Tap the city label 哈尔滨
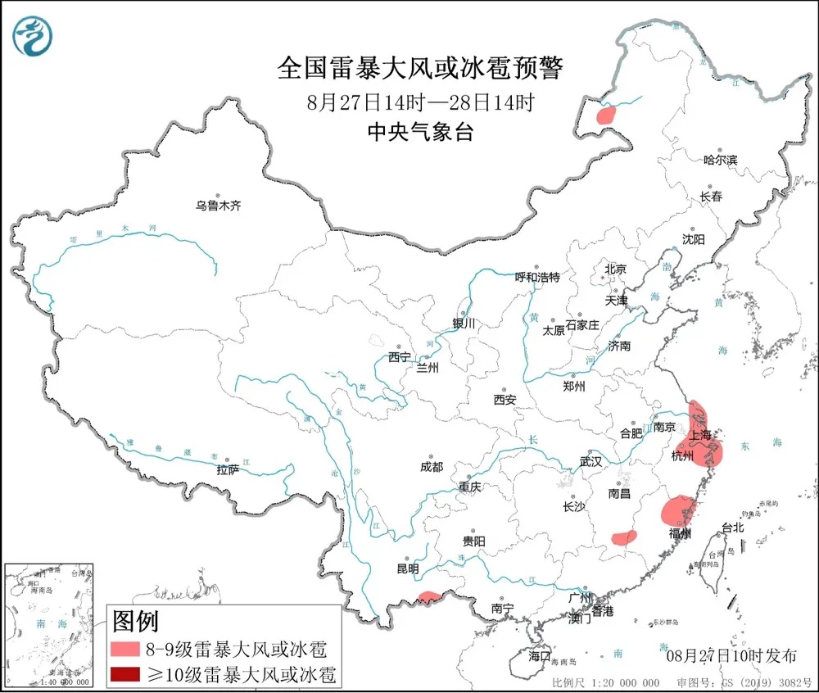coord(721,159)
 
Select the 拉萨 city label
coord(228,470)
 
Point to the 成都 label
coord(432,467)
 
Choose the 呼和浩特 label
coord(537,278)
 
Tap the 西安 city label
coord(505,400)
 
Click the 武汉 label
coord(590,462)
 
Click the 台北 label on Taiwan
coord(731,528)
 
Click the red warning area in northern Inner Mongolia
coord(606,115)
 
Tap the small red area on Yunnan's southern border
coord(428,597)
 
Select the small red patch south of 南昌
coord(625,538)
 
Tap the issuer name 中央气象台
coord(419,133)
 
